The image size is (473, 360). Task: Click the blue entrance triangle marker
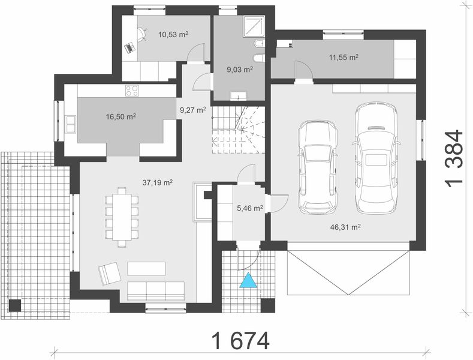[248, 281]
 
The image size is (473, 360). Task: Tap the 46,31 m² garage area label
[345, 227]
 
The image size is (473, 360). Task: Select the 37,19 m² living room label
[158, 181]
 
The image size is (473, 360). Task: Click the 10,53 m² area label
[174, 35]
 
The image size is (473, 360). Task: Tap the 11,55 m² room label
[344, 58]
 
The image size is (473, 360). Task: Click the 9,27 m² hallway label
[192, 110]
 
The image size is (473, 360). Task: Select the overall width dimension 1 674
[240, 341]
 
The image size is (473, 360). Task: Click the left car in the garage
[318, 166]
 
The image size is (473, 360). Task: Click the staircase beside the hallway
[237, 129]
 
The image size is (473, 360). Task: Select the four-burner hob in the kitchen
[131, 91]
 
